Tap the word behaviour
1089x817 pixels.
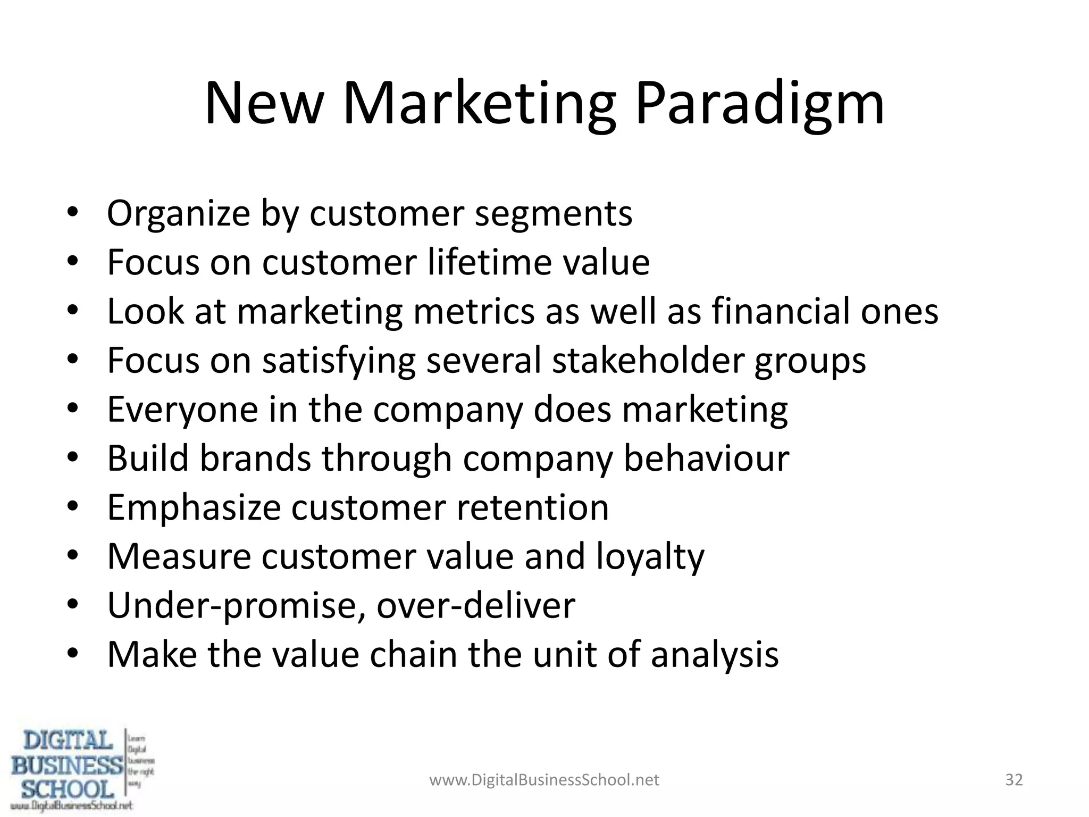[x=706, y=458]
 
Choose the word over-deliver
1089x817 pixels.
[x=476, y=606]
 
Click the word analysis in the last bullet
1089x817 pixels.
[x=715, y=655]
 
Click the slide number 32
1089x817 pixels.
[x=1014, y=780]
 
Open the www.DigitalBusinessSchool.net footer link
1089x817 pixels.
[x=544, y=780]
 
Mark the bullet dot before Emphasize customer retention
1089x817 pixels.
[x=73, y=506]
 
